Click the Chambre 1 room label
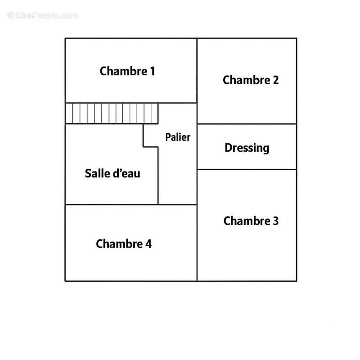tap(127, 71)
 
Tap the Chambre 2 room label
tap(251, 80)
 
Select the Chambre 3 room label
tap(251, 221)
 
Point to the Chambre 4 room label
tap(124, 243)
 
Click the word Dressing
tap(247, 148)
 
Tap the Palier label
tap(178, 137)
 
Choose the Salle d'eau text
tap(112, 173)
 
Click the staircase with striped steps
tap(112, 113)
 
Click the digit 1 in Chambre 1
tap(153, 71)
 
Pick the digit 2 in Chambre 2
tap(276, 80)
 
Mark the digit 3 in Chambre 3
tap(276, 221)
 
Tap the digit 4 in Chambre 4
tap(148, 243)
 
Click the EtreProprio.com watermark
tap(43, 15)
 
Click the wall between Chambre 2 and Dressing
tap(247, 124)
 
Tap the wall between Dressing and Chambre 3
tap(247, 170)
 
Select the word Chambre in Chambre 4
tap(119, 243)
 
